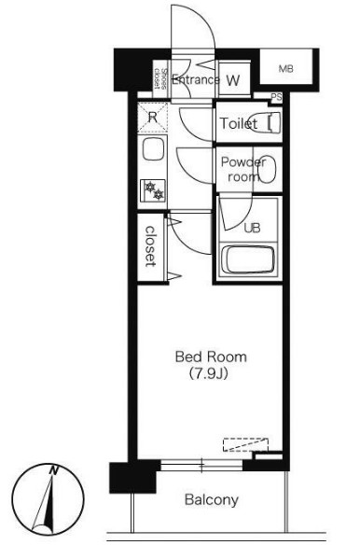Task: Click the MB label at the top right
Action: coord(285,69)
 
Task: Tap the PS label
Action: coord(276,97)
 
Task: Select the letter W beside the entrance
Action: coord(233,80)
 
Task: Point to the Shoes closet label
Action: coord(161,79)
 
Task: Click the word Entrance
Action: coord(196,80)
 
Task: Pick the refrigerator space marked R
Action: coord(152,118)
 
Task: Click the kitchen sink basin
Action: coord(153,149)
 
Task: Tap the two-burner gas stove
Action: coord(153,190)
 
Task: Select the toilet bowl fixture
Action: coord(265,121)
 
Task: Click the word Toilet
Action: coord(239,123)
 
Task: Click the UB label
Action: coord(252,228)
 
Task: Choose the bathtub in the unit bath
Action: coord(248,260)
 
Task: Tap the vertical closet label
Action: coord(150,246)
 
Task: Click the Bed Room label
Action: coord(211,357)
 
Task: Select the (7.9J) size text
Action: coord(209,374)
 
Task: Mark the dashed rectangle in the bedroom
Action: coord(245,444)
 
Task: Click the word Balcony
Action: coord(212,500)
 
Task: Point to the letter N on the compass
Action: coord(53,470)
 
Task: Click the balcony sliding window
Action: coord(201,465)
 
